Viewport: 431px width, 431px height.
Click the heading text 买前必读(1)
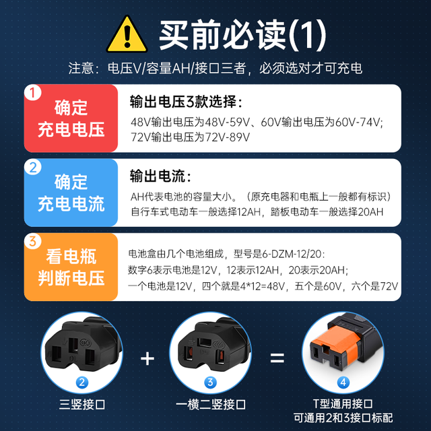pyautogui.click(x=242, y=35)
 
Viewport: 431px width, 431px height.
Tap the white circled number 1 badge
pyautogui.click(x=33, y=92)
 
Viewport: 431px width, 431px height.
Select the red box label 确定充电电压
pyautogui.click(x=71, y=119)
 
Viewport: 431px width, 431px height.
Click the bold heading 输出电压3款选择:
pyautogui.click(x=187, y=102)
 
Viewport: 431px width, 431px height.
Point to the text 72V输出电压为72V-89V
pyautogui.click(x=190, y=137)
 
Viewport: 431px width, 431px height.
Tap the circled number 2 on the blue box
pyautogui.click(x=33, y=167)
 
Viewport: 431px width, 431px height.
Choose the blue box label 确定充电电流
pyautogui.click(x=71, y=193)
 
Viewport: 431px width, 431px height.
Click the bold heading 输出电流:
pyautogui.click(x=160, y=176)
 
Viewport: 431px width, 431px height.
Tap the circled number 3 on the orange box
pyautogui.click(x=33, y=241)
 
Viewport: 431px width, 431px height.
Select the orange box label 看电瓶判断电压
pyautogui.click(x=71, y=267)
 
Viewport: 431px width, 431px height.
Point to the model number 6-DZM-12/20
pyautogui.click(x=292, y=254)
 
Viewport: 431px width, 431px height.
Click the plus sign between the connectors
pyautogui.click(x=147, y=359)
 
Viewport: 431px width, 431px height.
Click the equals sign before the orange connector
pyautogui.click(x=277, y=358)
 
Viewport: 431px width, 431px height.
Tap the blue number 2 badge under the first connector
pyautogui.click(x=82, y=383)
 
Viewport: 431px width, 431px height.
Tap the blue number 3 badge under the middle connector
pyautogui.click(x=210, y=383)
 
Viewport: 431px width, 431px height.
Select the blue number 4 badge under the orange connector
pyautogui.click(x=343, y=383)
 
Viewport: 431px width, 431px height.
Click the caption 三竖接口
pyautogui.click(x=82, y=405)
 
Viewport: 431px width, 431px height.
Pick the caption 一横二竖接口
pyautogui.click(x=211, y=405)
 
